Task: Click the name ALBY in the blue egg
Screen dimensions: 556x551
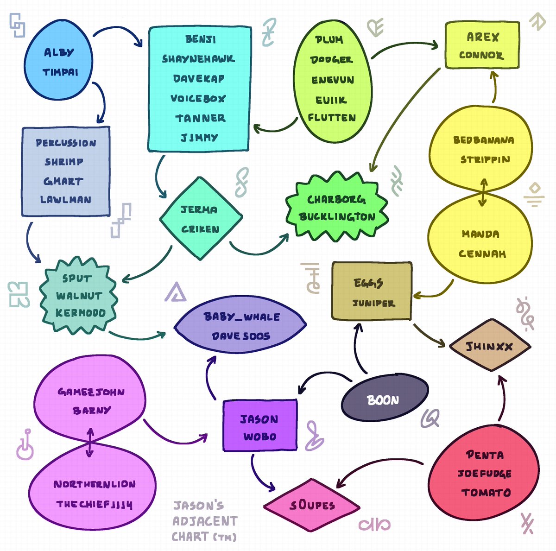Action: coord(59,52)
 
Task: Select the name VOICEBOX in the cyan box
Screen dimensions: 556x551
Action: coord(198,98)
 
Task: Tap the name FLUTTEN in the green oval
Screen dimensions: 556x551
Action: coord(332,117)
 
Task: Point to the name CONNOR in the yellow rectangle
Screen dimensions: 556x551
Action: coord(481,55)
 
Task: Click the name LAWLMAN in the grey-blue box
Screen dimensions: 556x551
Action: coord(66,199)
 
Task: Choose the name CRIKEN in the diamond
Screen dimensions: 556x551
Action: coord(200,229)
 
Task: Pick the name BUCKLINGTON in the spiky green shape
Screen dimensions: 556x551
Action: coord(337,217)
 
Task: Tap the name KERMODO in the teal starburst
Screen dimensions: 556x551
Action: coord(81,313)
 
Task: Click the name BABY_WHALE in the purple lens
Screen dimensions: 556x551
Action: coord(241,317)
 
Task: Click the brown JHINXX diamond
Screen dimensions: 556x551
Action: coord(490,345)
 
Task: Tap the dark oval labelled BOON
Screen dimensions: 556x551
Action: coord(385,397)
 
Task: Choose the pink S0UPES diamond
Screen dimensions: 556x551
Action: coord(312,505)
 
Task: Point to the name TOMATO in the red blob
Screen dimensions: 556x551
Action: coord(486,493)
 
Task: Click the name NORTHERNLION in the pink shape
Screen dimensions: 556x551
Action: coord(95,484)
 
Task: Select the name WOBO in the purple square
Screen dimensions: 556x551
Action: coord(259,437)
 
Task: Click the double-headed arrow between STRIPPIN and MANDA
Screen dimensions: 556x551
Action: coord(483,192)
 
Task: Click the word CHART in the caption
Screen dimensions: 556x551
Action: coord(190,537)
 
